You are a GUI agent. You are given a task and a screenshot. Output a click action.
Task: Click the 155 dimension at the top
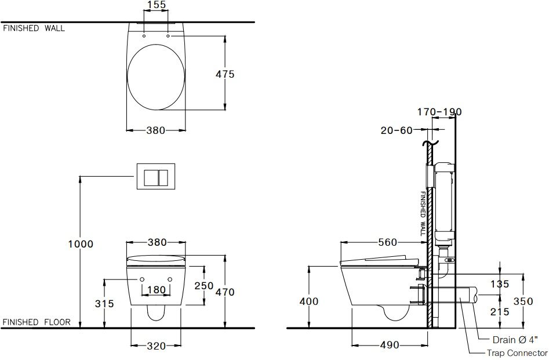click(156, 5)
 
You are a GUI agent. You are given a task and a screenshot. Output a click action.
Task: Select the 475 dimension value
click(224, 74)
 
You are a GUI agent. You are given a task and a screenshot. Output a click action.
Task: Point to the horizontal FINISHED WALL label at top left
click(34, 28)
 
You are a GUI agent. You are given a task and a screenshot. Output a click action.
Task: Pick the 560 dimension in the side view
click(388, 242)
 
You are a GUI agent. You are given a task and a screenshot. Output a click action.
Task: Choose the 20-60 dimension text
click(396, 130)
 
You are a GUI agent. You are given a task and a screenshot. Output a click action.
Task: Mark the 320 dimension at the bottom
click(156, 346)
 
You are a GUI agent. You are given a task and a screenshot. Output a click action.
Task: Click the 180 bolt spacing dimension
click(156, 290)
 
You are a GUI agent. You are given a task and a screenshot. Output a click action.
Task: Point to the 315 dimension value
click(104, 304)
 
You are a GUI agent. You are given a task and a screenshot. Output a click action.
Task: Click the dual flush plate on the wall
click(155, 176)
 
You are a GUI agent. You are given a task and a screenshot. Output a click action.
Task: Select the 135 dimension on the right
click(499, 284)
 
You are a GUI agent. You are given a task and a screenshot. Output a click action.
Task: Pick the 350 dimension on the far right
click(523, 301)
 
